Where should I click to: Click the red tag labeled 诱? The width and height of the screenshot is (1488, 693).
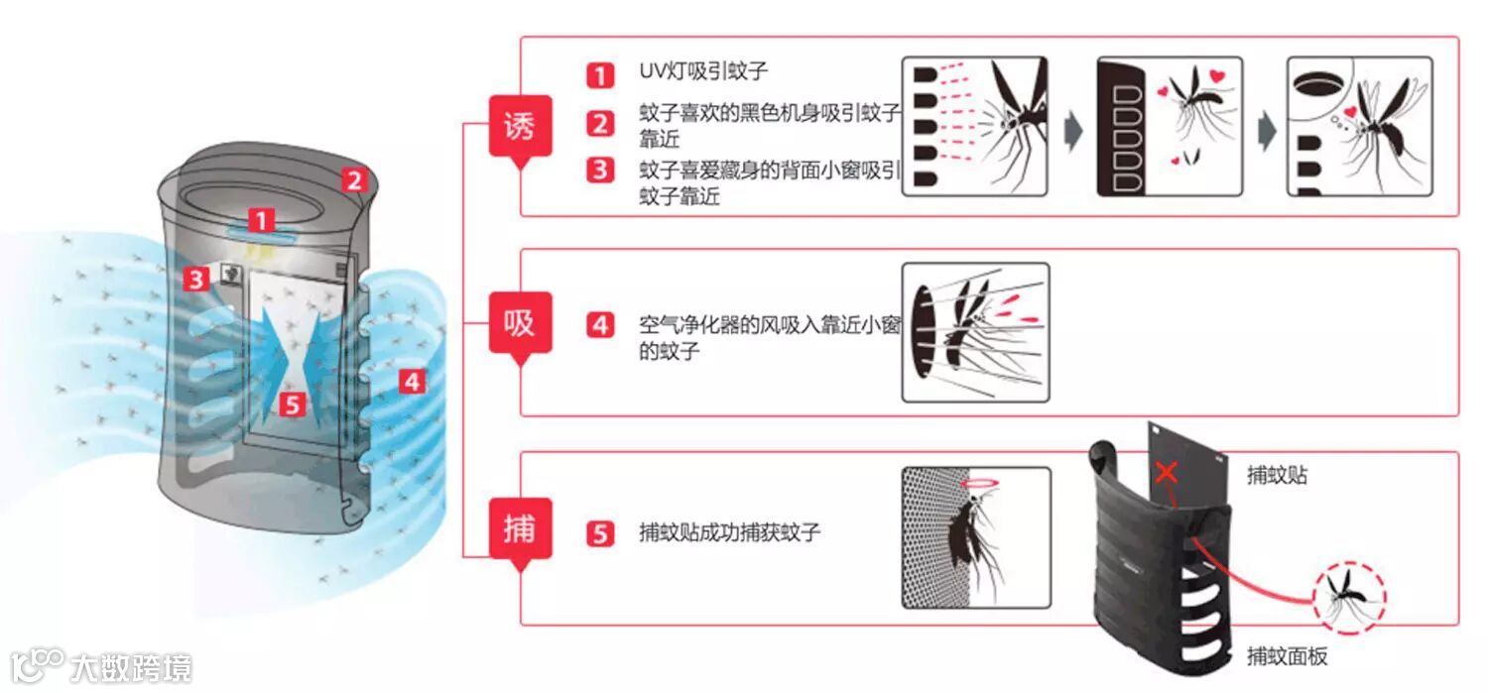coord(520,126)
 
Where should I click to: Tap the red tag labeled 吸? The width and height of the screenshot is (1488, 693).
coord(520,323)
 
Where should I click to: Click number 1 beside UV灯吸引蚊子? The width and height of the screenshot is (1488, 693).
coord(599,74)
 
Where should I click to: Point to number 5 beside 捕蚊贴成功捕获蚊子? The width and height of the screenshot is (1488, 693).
coord(599,533)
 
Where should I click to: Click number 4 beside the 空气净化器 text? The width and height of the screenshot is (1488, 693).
coord(599,324)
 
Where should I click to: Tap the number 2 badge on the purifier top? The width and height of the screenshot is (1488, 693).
coord(355,180)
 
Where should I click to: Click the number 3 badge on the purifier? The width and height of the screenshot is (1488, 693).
coord(196,280)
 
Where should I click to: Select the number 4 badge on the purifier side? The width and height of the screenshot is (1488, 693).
coord(413,381)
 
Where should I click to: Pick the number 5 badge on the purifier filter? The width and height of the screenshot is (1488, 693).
coord(290,404)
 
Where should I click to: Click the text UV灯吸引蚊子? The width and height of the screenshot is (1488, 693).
coord(703,71)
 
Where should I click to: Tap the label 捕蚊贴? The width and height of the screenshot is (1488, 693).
coord(1277,476)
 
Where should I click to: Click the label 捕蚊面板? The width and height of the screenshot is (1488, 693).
coord(1287,656)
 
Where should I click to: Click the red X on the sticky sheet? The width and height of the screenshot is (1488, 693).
coord(1167,472)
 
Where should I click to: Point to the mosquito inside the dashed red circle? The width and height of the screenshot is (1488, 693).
coord(1348,596)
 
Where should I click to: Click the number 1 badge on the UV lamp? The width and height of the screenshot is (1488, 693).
coord(260,220)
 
